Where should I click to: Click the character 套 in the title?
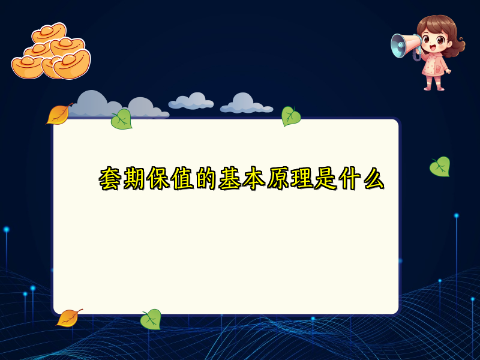[x=111, y=179]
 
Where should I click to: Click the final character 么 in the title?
[x=372, y=179]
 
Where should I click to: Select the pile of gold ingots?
[x=51, y=53]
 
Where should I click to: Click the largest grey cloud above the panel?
[x=96, y=105]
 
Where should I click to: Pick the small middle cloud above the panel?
[x=191, y=101]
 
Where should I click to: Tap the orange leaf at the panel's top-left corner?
[x=59, y=114]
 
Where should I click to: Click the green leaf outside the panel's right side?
[x=440, y=166]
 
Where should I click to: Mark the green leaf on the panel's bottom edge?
[x=151, y=319]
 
